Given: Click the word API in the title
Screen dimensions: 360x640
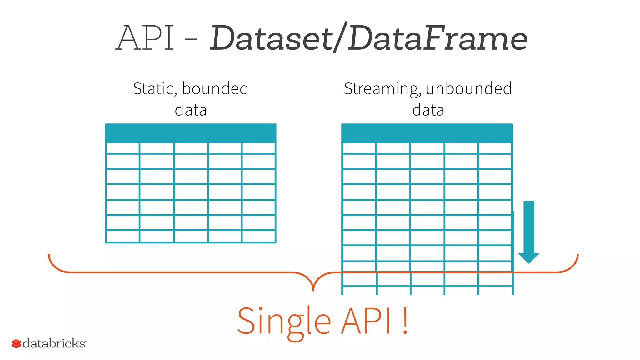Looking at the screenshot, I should [145, 38].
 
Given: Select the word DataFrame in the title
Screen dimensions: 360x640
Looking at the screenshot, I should [437, 38].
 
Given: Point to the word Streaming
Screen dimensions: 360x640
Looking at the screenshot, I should [381, 89].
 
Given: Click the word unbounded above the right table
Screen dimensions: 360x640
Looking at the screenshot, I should [468, 88].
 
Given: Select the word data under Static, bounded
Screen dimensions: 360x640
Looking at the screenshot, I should [191, 110].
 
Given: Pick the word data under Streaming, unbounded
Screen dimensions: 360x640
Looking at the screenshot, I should [428, 110].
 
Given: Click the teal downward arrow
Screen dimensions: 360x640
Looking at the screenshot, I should [529, 231].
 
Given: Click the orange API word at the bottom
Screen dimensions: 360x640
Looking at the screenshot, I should [366, 321].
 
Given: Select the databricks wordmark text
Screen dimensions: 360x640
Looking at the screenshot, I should [54, 343].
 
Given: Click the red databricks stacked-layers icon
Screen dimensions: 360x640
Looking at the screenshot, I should [16, 343].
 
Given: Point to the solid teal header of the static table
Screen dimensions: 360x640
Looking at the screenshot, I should [191, 133].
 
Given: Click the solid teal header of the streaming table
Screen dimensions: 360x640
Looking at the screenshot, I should [427, 133].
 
